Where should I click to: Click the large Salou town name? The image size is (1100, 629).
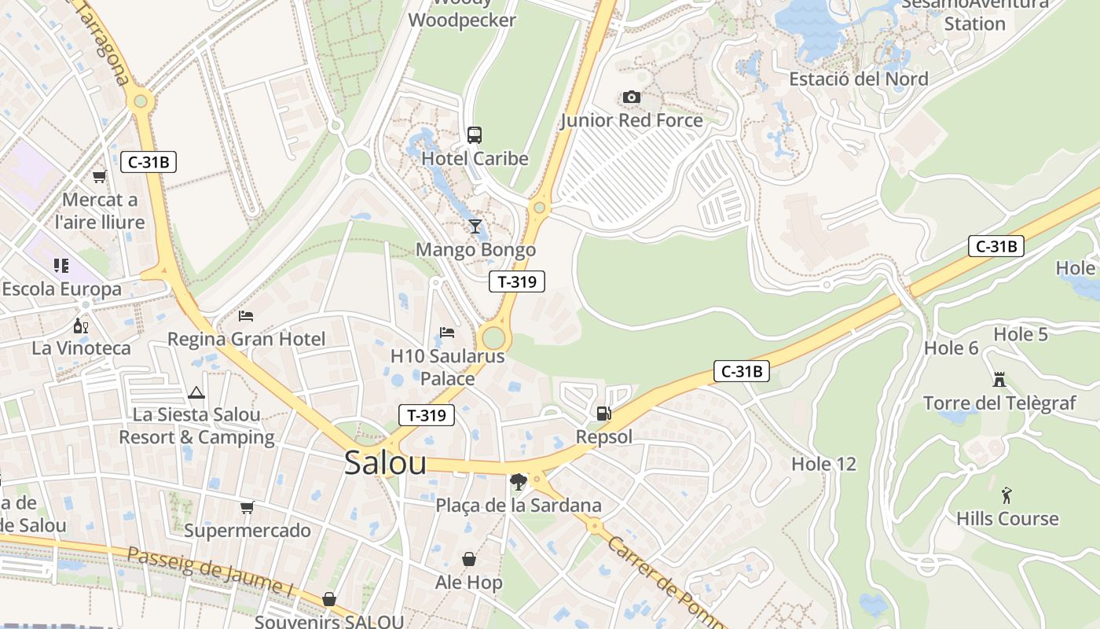[385, 463]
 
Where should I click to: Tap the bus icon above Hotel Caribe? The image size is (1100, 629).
[475, 134]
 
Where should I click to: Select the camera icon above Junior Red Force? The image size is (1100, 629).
[631, 97]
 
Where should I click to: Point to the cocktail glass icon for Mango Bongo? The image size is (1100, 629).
[475, 226]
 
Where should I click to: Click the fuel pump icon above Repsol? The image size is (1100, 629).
[603, 413]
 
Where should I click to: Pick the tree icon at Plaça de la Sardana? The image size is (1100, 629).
[518, 481]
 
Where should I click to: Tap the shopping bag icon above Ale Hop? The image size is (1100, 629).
[469, 559]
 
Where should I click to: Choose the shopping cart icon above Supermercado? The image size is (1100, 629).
[247, 507]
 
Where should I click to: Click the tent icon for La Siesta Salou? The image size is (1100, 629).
[196, 392]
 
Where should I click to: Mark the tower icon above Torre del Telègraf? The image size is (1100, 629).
[999, 380]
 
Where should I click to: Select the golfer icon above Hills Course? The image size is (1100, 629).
[1006, 495]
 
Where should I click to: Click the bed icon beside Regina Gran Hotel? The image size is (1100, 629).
[246, 316]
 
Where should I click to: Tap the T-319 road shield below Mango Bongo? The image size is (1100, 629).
[516, 281]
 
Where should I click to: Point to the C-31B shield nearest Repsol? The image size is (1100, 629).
[741, 371]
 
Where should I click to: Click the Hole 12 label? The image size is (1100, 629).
[823, 464]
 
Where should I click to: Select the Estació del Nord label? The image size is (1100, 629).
[858, 79]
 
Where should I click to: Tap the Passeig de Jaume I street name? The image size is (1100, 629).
[209, 572]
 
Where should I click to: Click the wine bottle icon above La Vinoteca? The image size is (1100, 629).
[80, 325]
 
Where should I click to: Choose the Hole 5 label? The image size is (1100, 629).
[1021, 334]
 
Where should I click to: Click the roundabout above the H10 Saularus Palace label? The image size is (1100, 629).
[493, 338]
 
